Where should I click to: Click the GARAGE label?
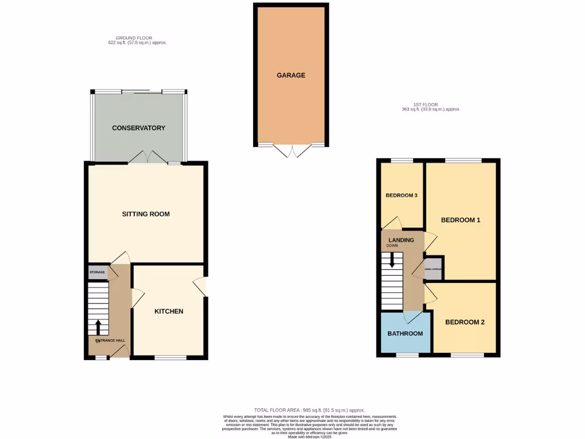[x=291, y=75]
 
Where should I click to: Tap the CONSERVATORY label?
[x=139, y=127]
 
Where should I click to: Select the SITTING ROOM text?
[x=146, y=214]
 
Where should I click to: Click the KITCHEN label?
[x=169, y=312]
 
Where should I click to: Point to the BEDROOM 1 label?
[x=460, y=220]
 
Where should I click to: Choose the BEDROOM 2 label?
[x=465, y=322]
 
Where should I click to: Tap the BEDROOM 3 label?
[x=402, y=195]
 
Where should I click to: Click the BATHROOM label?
[x=405, y=334]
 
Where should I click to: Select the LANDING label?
[x=401, y=240]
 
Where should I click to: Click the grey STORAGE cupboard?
[x=98, y=272]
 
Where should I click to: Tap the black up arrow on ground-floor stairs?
[x=98, y=327]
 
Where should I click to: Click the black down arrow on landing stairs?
[x=392, y=261]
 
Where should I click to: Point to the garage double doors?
[x=292, y=150]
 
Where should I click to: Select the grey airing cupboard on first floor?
[x=433, y=268]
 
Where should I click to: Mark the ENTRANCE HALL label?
[x=110, y=341]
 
